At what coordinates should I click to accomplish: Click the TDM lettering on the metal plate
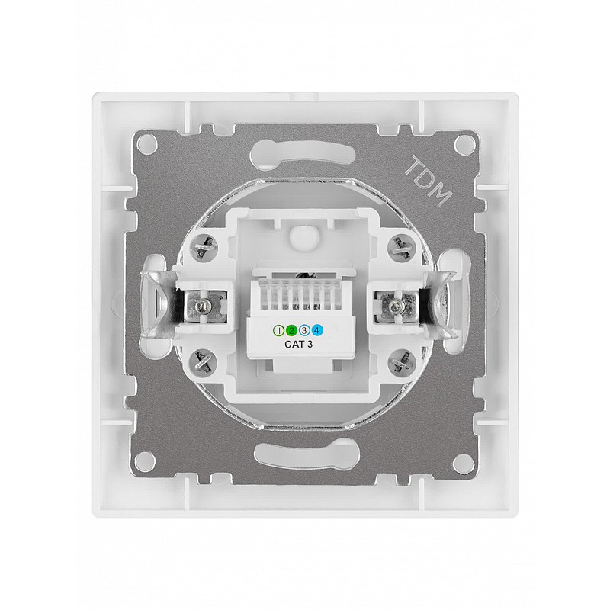(428, 181)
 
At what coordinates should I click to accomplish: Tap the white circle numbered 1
(278, 331)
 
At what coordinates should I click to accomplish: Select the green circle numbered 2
(291, 331)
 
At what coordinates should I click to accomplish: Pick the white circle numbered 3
(304, 331)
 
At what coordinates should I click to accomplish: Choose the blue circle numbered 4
(317, 331)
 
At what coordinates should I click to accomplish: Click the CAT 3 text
(298, 344)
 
